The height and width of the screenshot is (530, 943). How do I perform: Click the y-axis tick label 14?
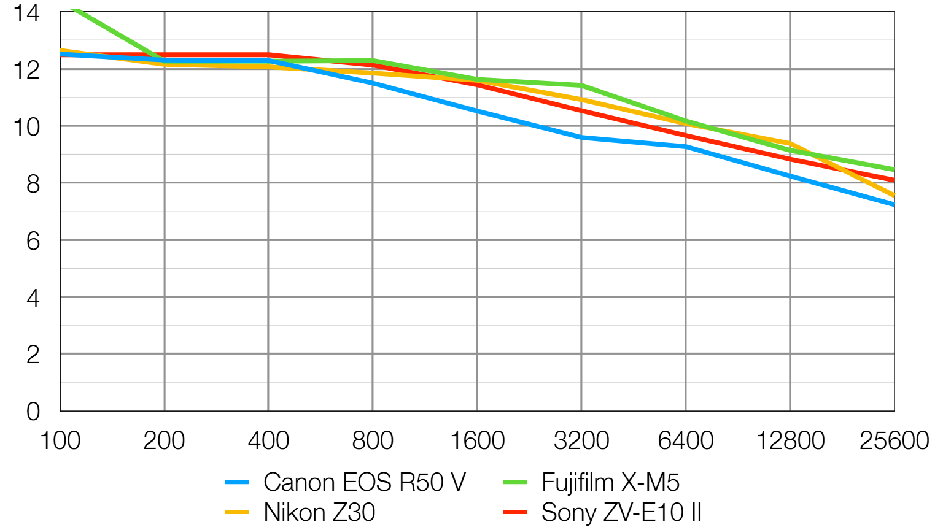tap(26, 13)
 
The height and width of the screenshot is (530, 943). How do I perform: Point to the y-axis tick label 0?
tap(33, 412)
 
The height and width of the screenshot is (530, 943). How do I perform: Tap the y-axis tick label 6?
tap(33, 241)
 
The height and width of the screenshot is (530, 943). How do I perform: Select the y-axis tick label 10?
tap(26, 127)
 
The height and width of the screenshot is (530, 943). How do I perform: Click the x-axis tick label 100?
tap(60, 440)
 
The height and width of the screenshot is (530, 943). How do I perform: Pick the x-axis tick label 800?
tap(373, 440)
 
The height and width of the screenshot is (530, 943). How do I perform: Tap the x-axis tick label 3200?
tap(581, 440)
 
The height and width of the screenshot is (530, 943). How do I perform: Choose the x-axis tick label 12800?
tap(790, 440)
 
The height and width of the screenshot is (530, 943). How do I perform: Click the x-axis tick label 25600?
tap(894, 440)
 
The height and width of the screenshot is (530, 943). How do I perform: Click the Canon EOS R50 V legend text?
tap(365, 482)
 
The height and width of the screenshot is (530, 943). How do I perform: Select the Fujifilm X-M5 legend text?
tap(610, 482)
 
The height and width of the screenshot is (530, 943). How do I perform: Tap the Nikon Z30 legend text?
tap(319, 512)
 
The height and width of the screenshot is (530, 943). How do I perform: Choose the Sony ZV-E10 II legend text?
tap(621, 512)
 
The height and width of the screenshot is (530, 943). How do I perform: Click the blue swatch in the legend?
tap(237, 482)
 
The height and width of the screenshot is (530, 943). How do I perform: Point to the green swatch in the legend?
tap(514, 482)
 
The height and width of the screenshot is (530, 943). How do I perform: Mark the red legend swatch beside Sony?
tap(514, 512)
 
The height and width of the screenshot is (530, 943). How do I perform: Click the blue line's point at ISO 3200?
tap(581, 137)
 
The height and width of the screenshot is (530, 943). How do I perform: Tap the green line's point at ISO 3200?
tap(581, 85)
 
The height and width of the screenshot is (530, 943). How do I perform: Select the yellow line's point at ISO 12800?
tap(790, 143)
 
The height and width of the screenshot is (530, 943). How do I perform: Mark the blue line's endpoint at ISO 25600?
tap(893, 204)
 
